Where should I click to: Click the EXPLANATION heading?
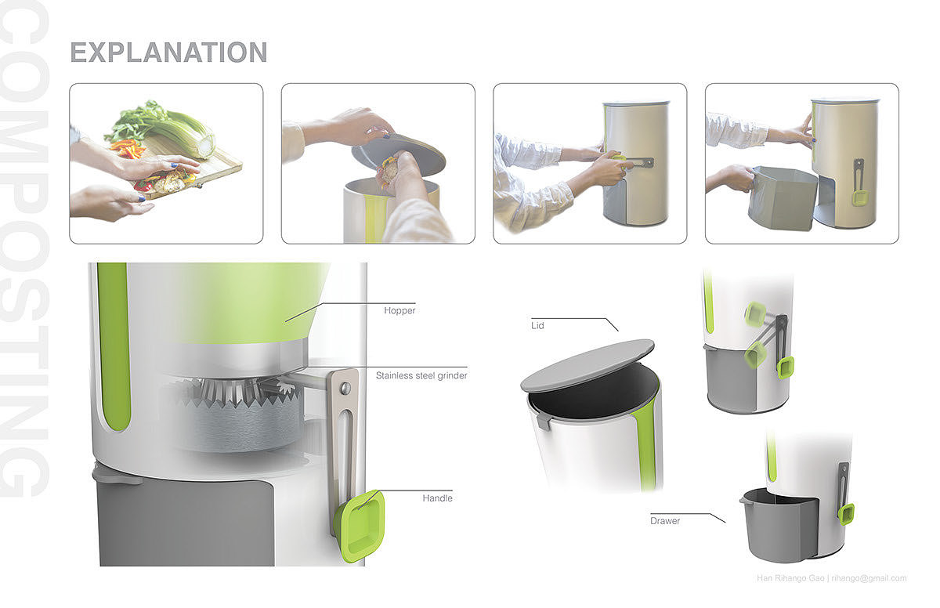click(x=168, y=52)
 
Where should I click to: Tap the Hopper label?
click(x=399, y=310)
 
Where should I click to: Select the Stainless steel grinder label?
click(x=421, y=375)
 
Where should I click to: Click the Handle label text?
click(x=437, y=498)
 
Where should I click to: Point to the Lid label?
click(x=537, y=326)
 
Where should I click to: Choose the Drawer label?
click(x=665, y=521)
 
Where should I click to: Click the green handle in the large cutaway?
click(x=360, y=526)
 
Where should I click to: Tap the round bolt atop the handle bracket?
click(x=345, y=387)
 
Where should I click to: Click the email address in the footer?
click(x=869, y=578)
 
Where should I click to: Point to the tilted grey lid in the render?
click(x=587, y=365)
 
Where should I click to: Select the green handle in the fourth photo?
click(x=860, y=197)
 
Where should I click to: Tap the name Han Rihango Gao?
click(x=790, y=578)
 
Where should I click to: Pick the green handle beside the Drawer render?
click(x=846, y=514)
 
